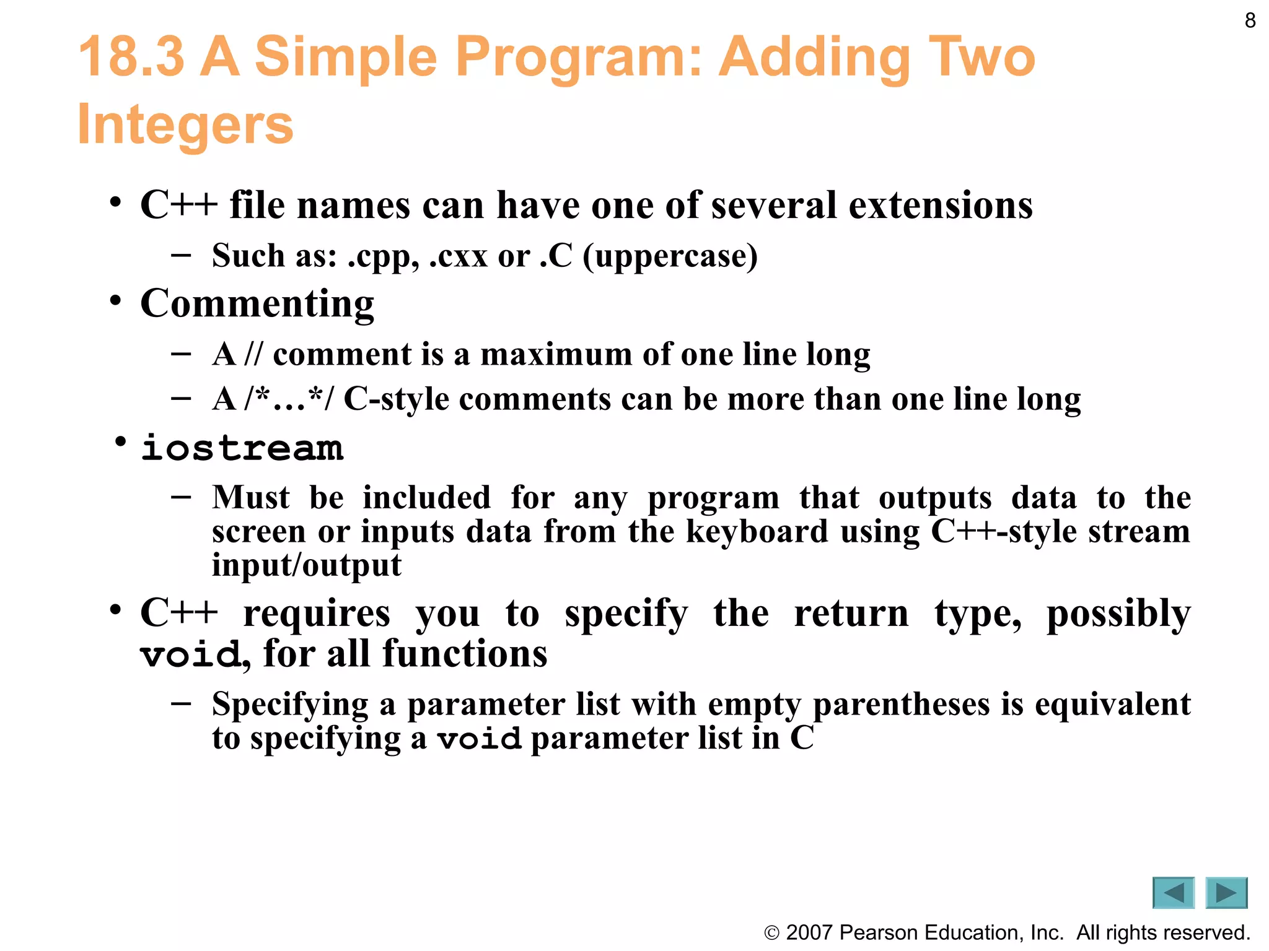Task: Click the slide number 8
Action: pyautogui.click(x=1250, y=21)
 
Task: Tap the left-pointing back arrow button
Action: pyautogui.click(x=1173, y=893)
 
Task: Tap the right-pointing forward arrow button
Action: pyautogui.click(x=1226, y=893)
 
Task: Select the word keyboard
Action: pyautogui.click(x=757, y=531)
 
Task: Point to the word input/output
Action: pyautogui.click(x=306, y=565)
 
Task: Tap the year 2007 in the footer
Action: pyautogui.click(x=809, y=932)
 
